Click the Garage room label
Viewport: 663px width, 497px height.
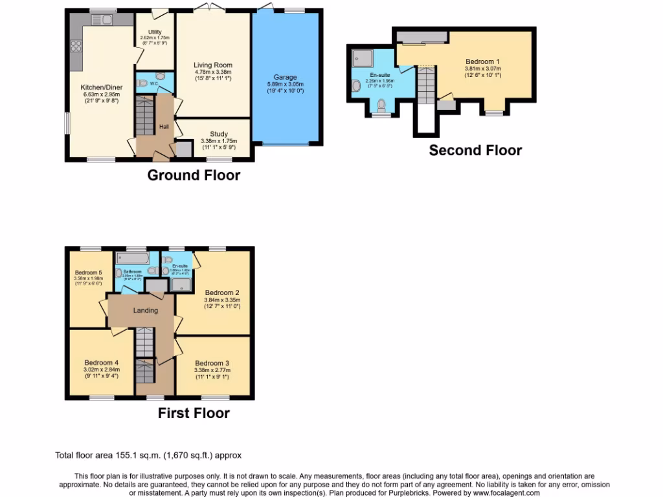pyautogui.click(x=285, y=77)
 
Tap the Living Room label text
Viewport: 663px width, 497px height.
pyautogui.click(x=213, y=65)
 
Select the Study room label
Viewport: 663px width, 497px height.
pyautogui.click(x=218, y=134)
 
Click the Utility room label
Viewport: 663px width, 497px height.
pyautogui.click(x=154, y=32)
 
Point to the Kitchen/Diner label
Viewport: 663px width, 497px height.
pyautogui.click(x=101, y=87)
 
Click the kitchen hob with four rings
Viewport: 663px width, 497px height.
pyautogui.click(x=76, y=46)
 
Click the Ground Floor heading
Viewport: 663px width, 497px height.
pyautogui.click(x=194, y=175)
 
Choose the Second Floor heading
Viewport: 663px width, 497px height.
pyautogui.click(x=475, y=150)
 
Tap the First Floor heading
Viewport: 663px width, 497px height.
pyautogui.click(x=194, y=413)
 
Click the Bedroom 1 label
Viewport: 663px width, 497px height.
pyautogui.click(x=482, y=62)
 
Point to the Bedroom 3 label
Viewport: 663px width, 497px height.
pyautogui.click(x=212, y=363)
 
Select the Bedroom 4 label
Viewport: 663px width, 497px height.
pyautogui.click(x=101, y=362)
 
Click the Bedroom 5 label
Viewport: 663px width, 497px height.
pyautogui.click(x=88, y=272)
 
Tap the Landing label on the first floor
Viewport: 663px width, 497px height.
pyautogui.click(x=146, y=311)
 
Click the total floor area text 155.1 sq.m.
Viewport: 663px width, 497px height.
pyautogui.click(x=148, y=456)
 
